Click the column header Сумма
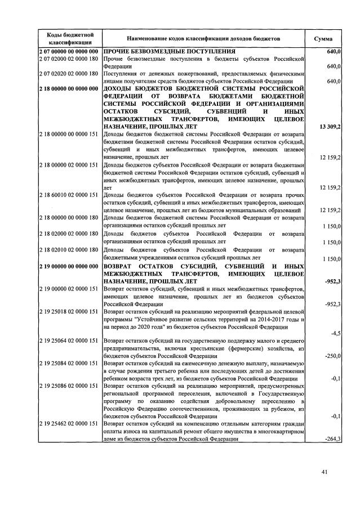click(323, 39)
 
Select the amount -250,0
click(332, 356)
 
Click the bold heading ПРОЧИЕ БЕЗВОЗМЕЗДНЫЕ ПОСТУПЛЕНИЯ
click(174, 52)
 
